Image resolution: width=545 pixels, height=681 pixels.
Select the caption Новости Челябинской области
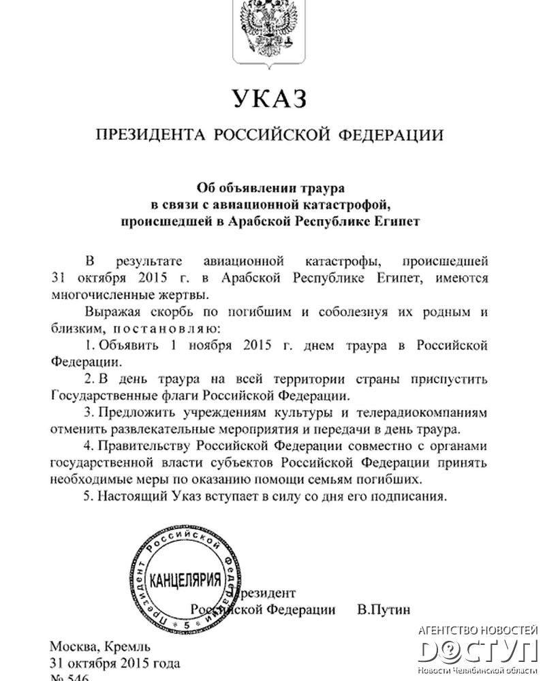coord(478,671)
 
